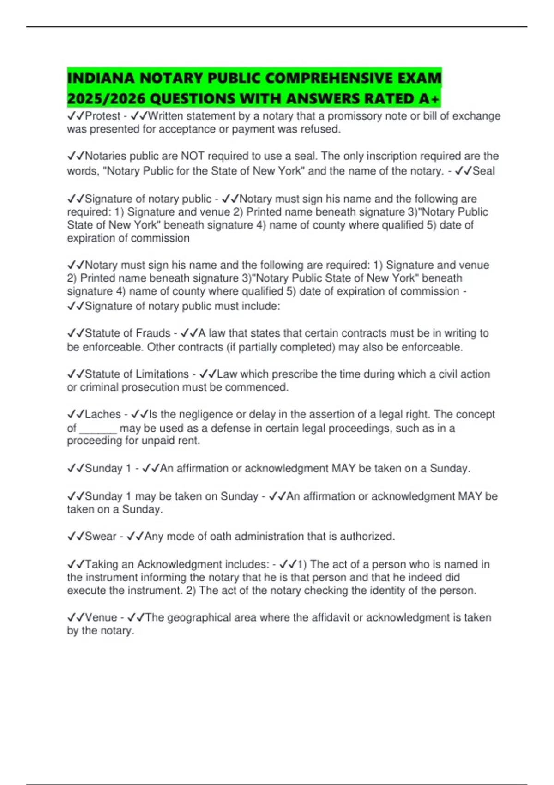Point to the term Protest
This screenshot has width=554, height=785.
coord(102,116)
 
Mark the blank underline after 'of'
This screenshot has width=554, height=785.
coord(98,429)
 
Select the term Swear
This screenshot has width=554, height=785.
coord(101,537)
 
